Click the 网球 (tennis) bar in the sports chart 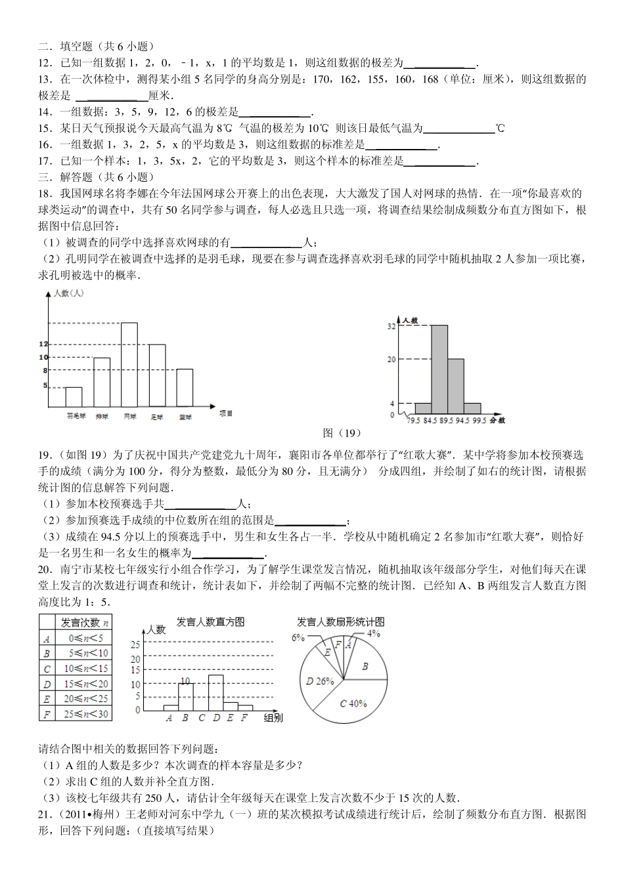[x=129, y=364]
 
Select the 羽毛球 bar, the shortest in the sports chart [x=74, y=397]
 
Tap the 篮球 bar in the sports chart [x=185, y=388]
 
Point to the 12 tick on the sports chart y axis [x=44, y=344]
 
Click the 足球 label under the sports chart [x=157, y=416]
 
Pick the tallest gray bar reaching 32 [x=439, y=369]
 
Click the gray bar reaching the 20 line [x=456, y=387]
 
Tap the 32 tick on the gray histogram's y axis [x=391, y=325]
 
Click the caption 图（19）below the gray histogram [x=342, y=432]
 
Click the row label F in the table [x=47, y=714]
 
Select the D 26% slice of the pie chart [x=319, y=681]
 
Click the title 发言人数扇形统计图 [x=340, y=621]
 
